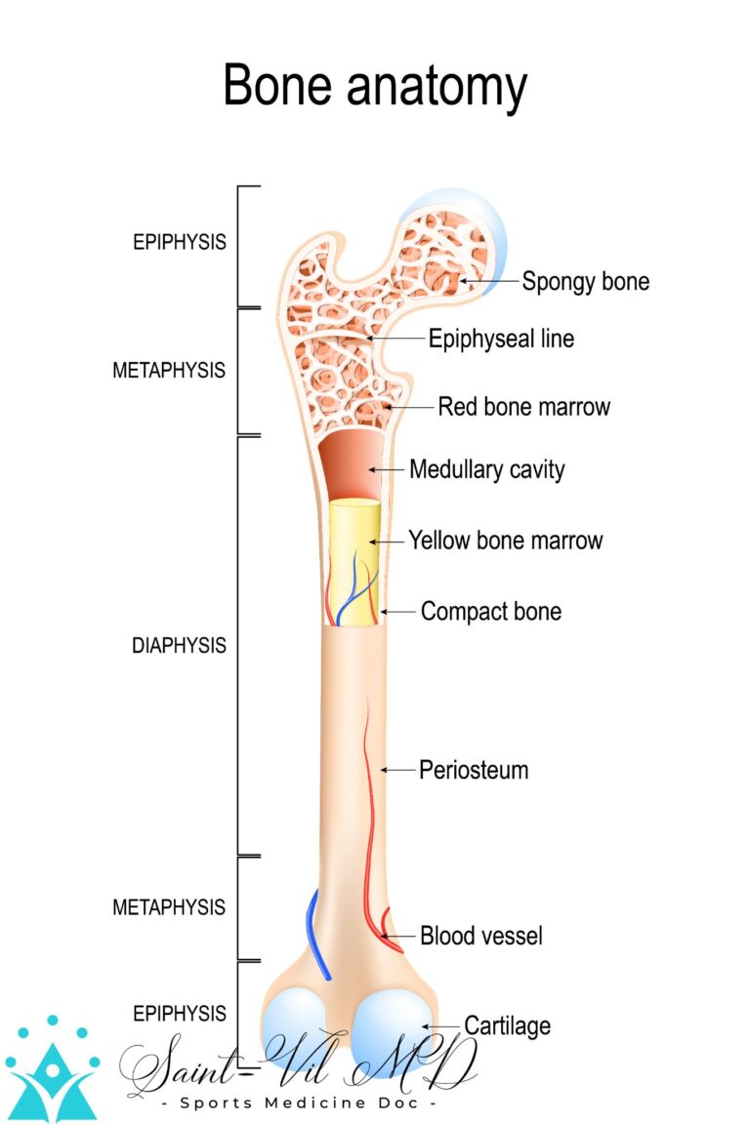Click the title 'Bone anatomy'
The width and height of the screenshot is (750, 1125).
[375, 87]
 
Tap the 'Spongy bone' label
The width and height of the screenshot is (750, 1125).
[585, 282]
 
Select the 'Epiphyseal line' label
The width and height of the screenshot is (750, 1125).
[501, 339]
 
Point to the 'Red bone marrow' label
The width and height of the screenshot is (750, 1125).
[523, 406]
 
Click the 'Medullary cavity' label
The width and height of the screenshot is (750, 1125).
[486, 469]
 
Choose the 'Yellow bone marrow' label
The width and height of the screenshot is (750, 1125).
[505, 540]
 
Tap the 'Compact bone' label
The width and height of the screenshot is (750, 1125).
[490, 612]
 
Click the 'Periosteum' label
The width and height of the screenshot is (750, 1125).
[474, 770]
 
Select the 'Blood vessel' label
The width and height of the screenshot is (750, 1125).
[480, 937]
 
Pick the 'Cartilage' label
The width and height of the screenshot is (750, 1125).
[507, 1025]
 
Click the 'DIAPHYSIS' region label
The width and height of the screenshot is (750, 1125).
[179, 646]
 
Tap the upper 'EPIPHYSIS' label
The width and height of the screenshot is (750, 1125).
[180, 242]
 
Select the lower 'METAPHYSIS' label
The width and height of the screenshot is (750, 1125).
[169, 907]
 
